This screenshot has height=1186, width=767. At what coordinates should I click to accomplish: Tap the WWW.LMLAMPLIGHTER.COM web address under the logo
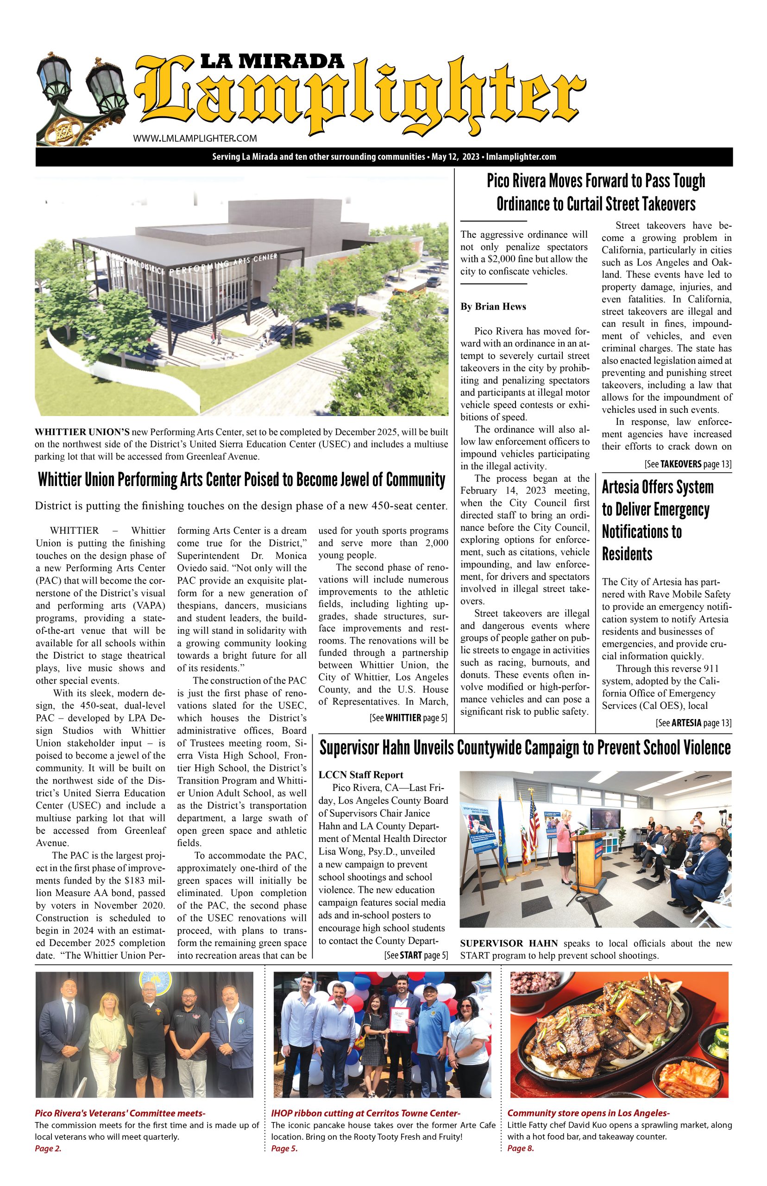(x=195, y=139)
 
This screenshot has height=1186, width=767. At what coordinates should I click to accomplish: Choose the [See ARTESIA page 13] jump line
(x=693, y=723)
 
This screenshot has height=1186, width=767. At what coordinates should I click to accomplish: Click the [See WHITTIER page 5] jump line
(x=409, y=718)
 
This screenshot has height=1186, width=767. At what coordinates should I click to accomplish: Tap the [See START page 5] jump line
(x=416, y=955)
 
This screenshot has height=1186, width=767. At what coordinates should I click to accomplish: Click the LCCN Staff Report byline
(x=361, y=775)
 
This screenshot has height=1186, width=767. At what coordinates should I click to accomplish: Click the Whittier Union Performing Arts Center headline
(x=242, y=480)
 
